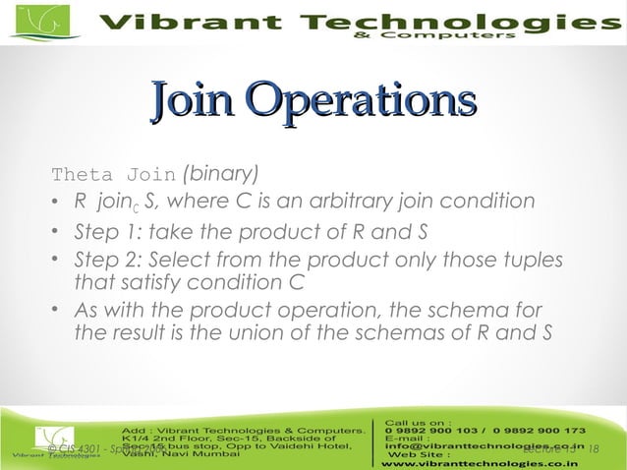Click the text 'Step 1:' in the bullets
tap(105, 232)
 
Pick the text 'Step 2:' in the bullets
tap(105, 260)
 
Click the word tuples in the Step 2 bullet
tap(538, 260)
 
